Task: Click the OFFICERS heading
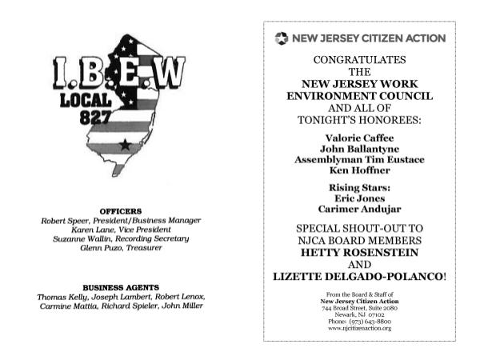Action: (x=120, y=210)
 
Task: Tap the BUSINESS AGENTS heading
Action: (x=120, y=286)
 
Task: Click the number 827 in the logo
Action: (x=94, y=116)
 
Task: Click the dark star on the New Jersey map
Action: (x=124, y=145)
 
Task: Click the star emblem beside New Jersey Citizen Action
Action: (x=280, y=38)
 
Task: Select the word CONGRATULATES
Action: (x=359, y=60)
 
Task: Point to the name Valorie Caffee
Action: (x=359, y=138)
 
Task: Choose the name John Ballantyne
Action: (x=359, y=149)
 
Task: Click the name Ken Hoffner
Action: (x=359, y=170)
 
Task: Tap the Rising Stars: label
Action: (x=359, y=187)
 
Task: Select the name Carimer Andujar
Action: (x=359, y=210)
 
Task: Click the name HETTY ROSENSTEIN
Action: (x=359, y=252)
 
